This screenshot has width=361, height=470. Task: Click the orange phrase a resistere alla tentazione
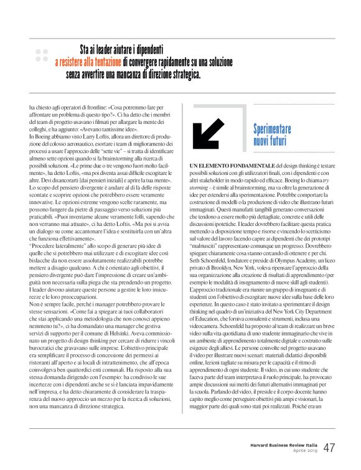coord(88,63)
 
